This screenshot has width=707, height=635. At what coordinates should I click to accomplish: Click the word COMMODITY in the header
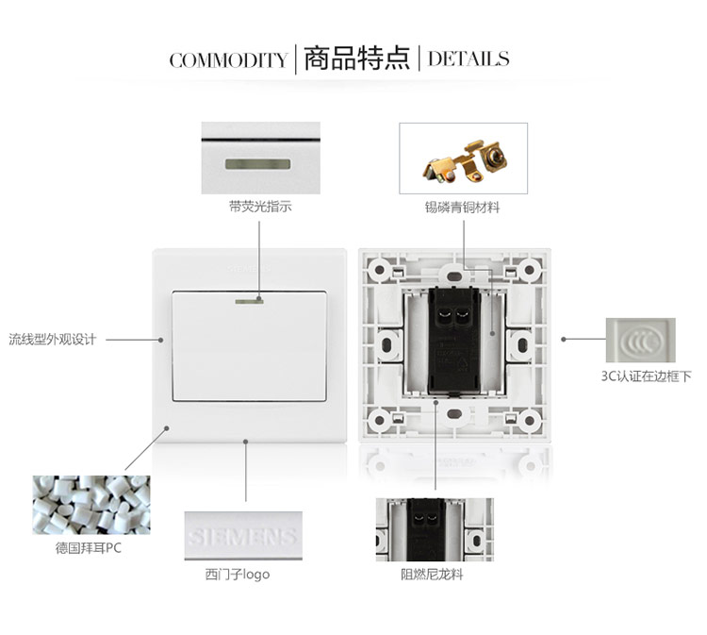(228, 60)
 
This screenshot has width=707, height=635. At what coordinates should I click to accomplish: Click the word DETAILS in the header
(469, 59)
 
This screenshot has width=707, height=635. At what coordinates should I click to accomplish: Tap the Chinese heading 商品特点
(356, 58)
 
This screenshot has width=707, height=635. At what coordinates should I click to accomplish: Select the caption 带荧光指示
(259, 206)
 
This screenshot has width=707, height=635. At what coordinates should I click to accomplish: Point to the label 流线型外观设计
(53, 339)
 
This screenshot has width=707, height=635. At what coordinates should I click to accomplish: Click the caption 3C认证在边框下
(647, 376)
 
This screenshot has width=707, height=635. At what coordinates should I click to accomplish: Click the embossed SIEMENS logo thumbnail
(243, 537)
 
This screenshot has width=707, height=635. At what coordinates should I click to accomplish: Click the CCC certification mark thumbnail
(641, 340)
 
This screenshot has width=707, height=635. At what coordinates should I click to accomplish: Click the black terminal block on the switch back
(451, 344)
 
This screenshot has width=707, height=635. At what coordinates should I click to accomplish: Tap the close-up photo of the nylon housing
(435, 529)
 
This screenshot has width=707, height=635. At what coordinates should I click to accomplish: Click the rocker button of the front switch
(250, 347)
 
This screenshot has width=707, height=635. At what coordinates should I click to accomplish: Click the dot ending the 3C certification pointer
(564, 339)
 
